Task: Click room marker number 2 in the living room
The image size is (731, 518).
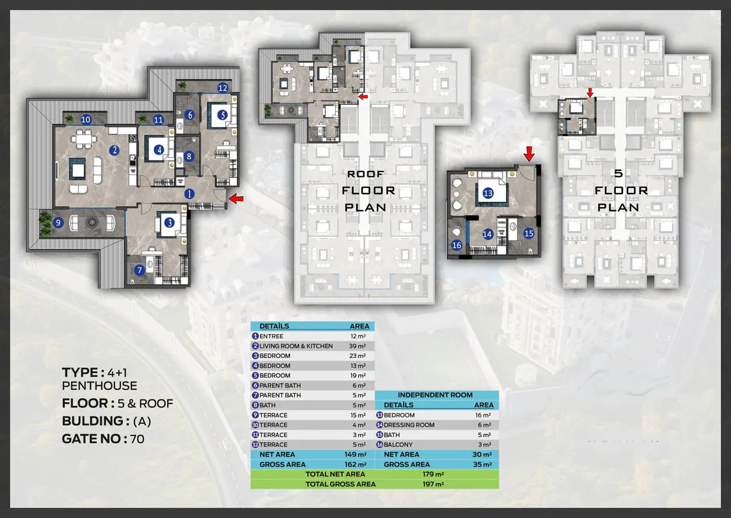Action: click(x=115, y=150)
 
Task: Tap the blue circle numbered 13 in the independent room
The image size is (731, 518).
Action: click(x=488, y=192)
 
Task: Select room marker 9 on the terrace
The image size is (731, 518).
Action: click(x=58, y=223)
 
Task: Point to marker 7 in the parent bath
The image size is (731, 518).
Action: click(x=139, y=270)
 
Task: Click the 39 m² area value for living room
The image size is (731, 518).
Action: click(x=358, y=346)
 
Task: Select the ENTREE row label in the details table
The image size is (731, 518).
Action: click(x=271, y=337)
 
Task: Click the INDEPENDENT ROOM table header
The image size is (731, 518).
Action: click(x=435, y=395)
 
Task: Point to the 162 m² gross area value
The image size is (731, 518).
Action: click(x=358, y=465)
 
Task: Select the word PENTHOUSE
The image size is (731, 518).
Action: click(x=99, y=386)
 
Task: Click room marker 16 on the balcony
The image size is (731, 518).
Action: click(x=457, y=245)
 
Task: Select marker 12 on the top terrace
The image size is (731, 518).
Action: click(x=223, y=87)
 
